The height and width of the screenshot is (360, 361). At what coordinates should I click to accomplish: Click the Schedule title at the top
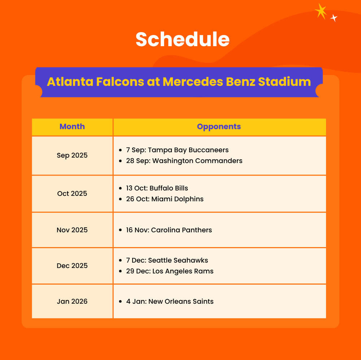(182, 39)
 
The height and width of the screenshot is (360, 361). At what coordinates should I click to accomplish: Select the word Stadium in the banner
(284, 82)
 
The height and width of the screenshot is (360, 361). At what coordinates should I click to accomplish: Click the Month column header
(72, 127)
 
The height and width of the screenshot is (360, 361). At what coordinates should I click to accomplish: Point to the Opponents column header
(219, 127)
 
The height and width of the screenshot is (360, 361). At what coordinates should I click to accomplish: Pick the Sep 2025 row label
(72, 155)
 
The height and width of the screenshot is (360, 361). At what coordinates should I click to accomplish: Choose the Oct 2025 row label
(72, 194)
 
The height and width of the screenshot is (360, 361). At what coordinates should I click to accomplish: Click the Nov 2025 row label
(72, 230)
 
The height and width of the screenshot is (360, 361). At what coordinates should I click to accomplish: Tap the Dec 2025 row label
(72, 266)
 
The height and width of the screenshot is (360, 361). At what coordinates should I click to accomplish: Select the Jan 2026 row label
(72, 301)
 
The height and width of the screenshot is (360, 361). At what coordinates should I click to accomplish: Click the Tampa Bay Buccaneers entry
(177, 150)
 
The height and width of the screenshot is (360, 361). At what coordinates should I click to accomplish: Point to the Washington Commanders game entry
(184, 161)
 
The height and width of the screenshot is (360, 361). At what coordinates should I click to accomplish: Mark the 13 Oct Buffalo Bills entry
(157, 188)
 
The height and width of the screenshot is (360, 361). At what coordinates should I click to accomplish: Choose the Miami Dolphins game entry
(165, 199)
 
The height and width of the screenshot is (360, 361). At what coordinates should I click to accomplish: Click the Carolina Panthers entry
(169, 230)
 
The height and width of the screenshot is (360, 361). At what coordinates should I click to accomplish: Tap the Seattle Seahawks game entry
(167, 260)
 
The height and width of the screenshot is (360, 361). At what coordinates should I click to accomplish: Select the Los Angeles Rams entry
(170, 271)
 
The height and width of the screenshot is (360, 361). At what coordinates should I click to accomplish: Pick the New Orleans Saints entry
(170, 301)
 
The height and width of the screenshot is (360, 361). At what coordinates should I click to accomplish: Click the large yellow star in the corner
(321, 11)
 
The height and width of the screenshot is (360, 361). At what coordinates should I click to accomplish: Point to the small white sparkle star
(334, 18)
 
